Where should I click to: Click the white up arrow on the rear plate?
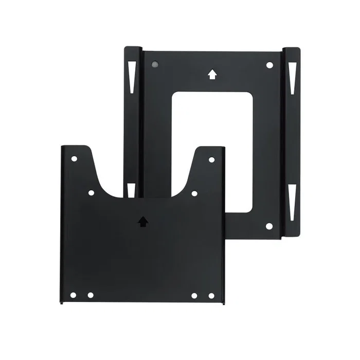211,75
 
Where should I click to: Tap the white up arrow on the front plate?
143,221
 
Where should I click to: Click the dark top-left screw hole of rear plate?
155,65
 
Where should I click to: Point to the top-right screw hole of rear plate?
269,65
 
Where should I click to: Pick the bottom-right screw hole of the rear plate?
269,226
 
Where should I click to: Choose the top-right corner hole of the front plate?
211,159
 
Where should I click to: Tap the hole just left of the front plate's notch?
91,193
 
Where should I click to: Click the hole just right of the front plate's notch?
194,193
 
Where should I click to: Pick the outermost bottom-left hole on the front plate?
73,295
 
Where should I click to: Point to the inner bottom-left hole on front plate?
91,295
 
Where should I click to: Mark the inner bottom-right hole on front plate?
194,295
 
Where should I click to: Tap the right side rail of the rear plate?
292,139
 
